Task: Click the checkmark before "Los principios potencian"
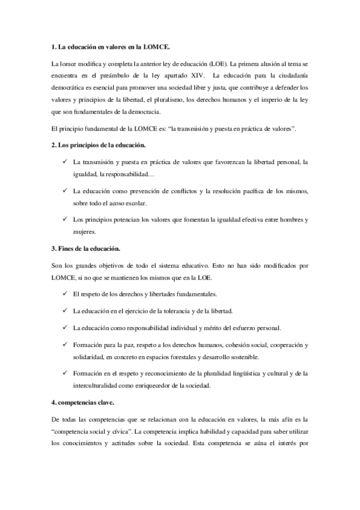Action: tap(64, 220)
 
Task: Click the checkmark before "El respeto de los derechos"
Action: tap(64, 293)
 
